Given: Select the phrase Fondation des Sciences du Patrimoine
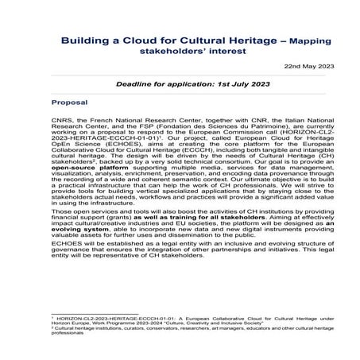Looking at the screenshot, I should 230,130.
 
